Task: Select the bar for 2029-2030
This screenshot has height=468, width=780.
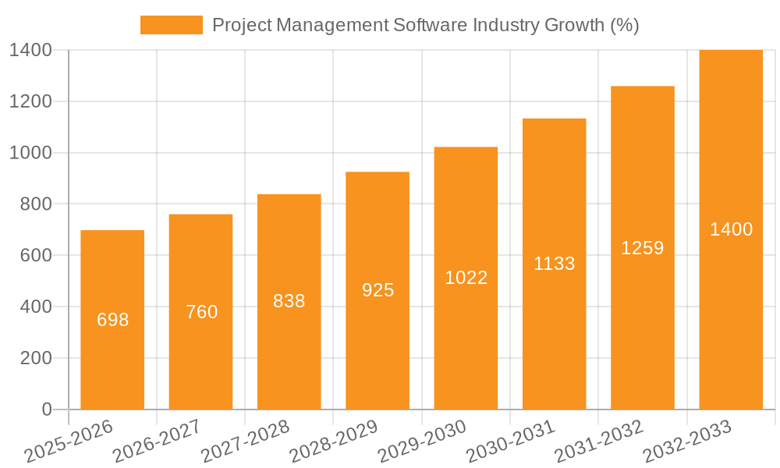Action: click(x=466, y=343)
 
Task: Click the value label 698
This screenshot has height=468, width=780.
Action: click(x=112, y=320)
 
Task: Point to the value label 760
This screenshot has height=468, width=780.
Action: click(x=201, y=312)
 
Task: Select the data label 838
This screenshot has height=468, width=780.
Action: click(x=289, y=301)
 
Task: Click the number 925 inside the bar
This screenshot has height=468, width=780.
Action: click(x=378, y=290)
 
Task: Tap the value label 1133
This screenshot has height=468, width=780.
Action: click(x=555, y=264)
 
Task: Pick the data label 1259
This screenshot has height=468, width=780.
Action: click(x=643, y=248)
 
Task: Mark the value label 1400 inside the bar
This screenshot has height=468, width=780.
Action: click(x=731, y=229)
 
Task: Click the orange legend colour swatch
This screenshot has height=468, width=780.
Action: click(x=171, y=25)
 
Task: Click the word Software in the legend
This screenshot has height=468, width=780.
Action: click(x=431, y=25)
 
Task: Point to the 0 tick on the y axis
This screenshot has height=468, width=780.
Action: click(x=46, y=409)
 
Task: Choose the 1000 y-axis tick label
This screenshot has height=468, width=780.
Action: click(x=30, y=153)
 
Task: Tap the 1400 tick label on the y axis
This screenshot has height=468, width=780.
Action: click(x=30, y=50)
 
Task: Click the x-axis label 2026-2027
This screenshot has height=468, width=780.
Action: click(x=156, y=441)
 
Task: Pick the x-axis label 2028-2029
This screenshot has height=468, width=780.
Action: click(x=333, y=441)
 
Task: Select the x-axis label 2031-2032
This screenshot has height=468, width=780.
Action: click(x=598, y=441)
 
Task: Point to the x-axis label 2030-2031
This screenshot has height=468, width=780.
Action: click(x=510, y=441)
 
